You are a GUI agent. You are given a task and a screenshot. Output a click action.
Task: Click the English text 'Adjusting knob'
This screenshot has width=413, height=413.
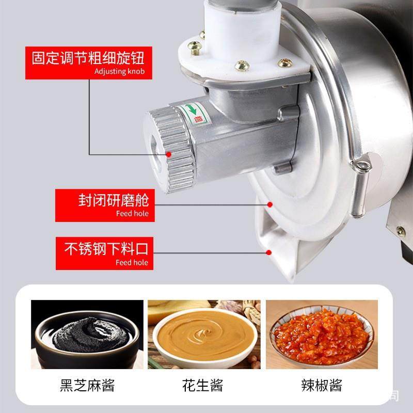(x=119, y=71)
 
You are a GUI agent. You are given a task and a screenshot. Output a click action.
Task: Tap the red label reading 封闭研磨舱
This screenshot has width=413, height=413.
(x=113, y=199)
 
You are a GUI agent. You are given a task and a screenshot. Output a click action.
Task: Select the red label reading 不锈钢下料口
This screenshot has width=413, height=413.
(x=106, y=249)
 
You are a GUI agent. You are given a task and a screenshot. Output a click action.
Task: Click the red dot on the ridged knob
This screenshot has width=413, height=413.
(x=169, y=153)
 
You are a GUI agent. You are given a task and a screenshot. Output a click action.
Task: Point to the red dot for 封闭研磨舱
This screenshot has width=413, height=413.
(x=268, y=205)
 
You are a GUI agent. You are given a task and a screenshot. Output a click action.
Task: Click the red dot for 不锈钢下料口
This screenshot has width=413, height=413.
(x=268, y=252)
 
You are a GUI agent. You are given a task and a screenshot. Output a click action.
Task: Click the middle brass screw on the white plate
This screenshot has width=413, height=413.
(x=242, y=66)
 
